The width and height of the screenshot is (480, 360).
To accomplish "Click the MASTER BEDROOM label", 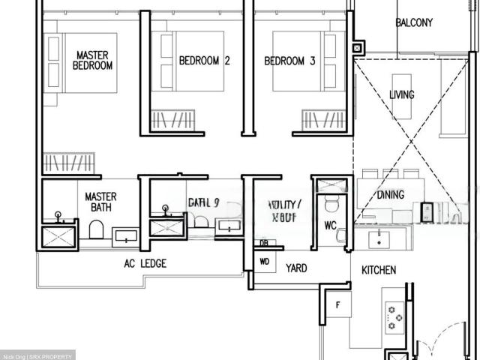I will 92,60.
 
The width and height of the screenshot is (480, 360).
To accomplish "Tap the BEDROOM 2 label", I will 203,61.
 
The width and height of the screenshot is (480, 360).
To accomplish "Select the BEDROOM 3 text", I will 289,61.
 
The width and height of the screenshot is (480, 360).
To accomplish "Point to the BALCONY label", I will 414,23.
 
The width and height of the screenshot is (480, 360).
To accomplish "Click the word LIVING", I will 402,95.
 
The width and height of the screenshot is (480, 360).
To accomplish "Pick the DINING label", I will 391,195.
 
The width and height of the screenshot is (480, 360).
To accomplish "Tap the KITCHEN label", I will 379,269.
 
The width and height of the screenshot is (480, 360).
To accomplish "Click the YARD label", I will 296,268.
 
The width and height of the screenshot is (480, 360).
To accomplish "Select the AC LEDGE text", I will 145,263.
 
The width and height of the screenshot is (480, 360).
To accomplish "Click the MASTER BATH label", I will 100,202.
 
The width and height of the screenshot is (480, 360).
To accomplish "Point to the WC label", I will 331,225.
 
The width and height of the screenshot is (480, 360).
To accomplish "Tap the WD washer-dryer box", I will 264,262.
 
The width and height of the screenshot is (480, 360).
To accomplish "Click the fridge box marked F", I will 338,305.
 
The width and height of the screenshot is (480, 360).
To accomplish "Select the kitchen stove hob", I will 394,318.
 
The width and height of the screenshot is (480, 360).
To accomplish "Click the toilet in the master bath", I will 96,229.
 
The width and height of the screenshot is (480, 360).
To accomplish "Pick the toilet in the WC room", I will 331,204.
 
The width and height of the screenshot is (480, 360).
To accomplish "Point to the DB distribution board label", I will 263,243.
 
